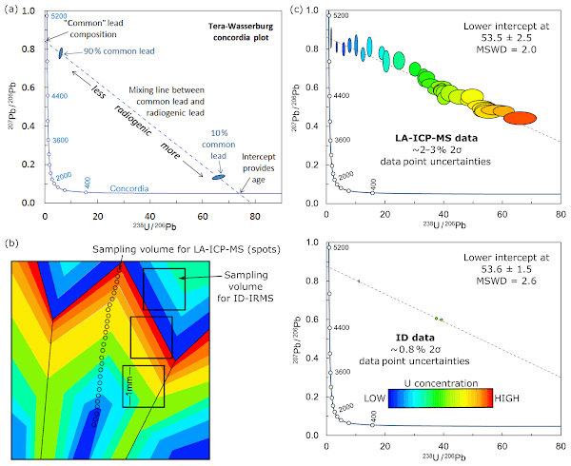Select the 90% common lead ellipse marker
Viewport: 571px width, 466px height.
click(x=61, y=54)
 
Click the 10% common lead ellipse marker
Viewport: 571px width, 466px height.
click(x=218, y=177)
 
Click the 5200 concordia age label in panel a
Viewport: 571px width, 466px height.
click(x=57, y=17)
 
